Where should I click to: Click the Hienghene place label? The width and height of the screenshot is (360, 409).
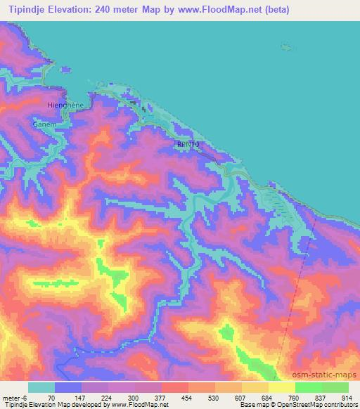[65, 105]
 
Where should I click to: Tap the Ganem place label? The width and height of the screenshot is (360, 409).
[44, 124]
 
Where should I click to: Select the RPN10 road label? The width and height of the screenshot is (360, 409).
[188, 143]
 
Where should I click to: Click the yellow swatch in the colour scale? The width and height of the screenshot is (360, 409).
[281, 387]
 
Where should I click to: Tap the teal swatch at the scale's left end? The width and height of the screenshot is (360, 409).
[41, 387]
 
